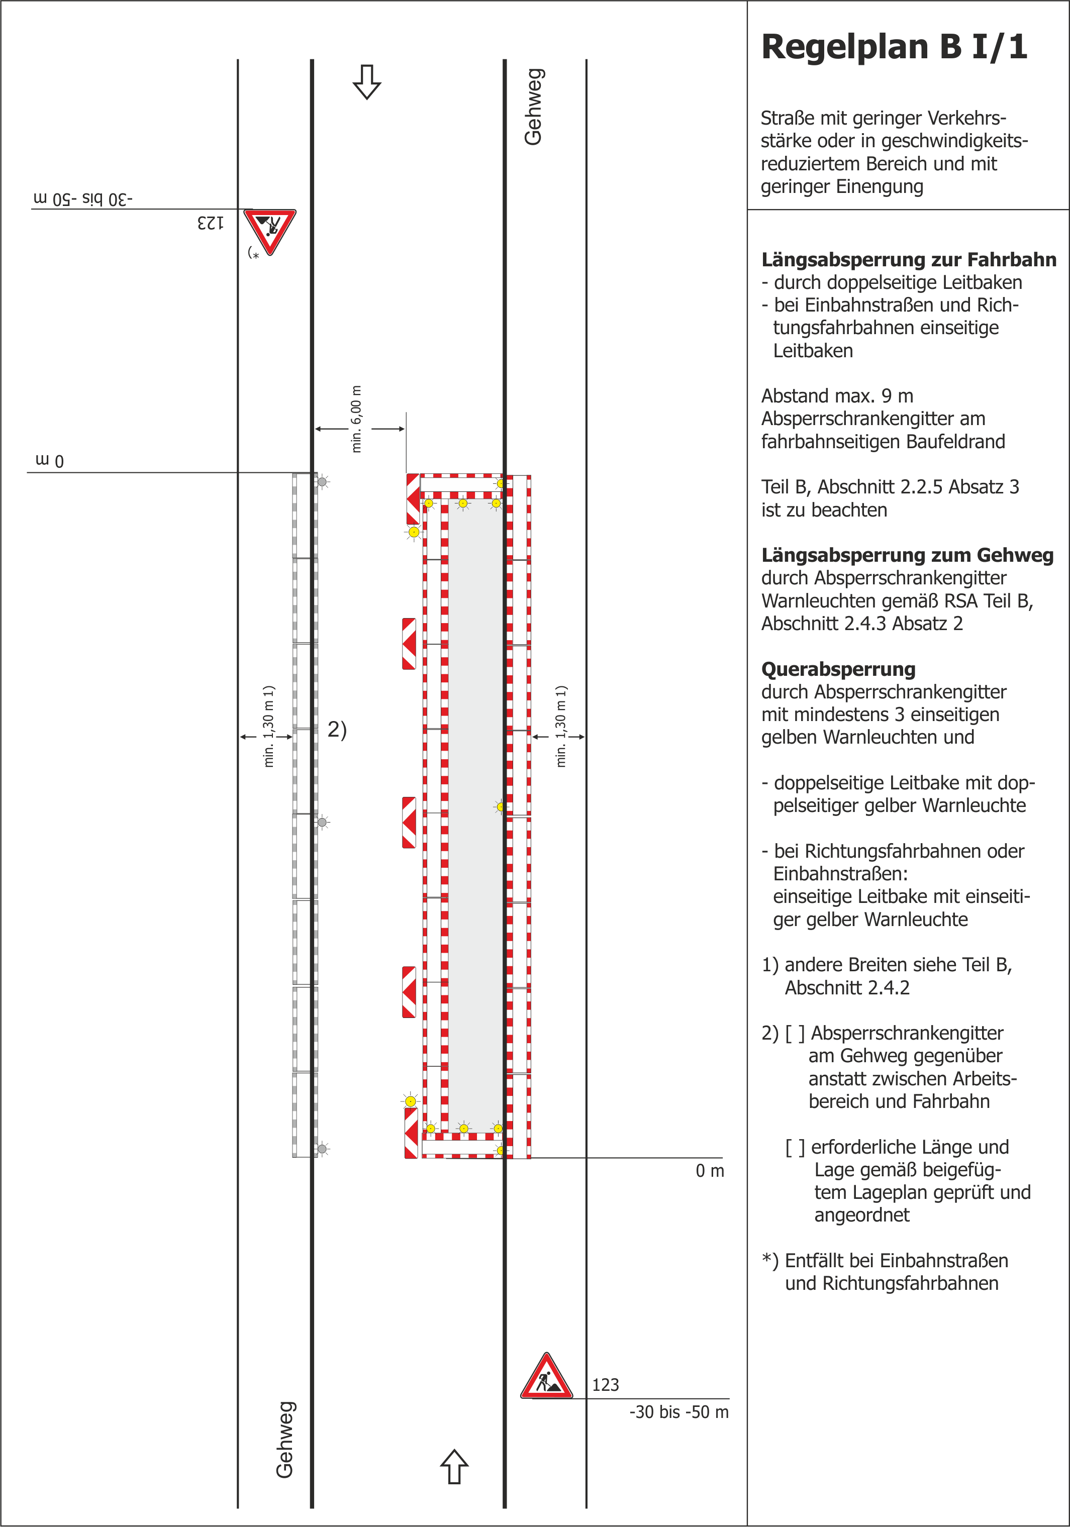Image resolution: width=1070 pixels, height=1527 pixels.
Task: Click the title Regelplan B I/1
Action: (894, 48)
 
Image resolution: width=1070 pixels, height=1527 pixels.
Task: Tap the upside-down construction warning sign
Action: (269, 230)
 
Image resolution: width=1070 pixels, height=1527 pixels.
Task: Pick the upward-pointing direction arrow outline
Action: (454, 1466)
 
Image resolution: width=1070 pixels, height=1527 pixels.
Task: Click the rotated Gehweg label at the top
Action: (534, 107)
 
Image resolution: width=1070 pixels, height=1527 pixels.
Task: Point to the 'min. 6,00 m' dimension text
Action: (357, 419)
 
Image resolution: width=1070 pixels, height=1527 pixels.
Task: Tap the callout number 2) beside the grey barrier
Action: (337, 730)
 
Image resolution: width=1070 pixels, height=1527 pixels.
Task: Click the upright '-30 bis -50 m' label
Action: (678, 1412)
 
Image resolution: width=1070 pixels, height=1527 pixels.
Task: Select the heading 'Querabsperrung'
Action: (838, 669)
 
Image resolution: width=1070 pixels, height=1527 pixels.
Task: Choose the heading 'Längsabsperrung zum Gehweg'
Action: (907, 555)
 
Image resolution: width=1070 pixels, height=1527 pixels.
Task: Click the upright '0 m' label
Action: (709, 1171)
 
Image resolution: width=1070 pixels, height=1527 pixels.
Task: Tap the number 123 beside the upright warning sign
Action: (606, 1385)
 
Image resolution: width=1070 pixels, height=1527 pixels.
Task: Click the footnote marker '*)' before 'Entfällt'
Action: (770, 1260)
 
